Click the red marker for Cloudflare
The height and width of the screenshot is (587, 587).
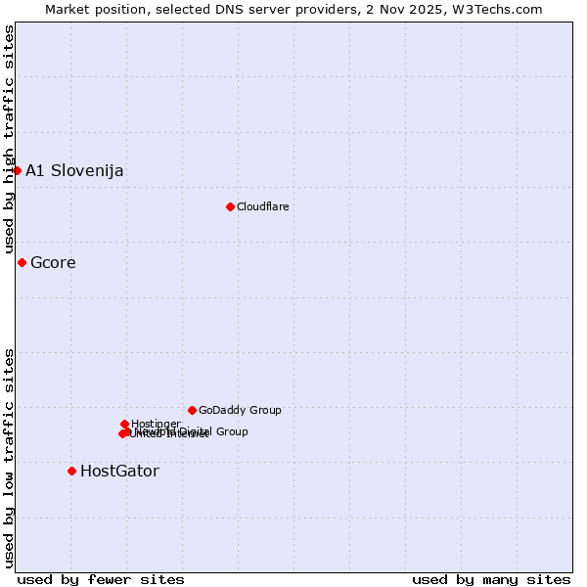click(230, 206)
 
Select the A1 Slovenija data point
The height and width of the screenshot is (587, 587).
click(17, 170)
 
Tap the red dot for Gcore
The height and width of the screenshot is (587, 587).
click(22, 262)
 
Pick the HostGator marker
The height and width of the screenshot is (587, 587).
click(71, 471)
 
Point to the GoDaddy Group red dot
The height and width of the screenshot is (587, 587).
click(192, 410)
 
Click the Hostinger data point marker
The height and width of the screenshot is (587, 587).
click(124, 424)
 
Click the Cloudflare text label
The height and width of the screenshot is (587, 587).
click(262, 206)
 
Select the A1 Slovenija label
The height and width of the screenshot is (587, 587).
click(74, 170)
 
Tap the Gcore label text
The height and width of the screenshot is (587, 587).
click(53, 262)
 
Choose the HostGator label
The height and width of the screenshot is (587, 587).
click(119, 471)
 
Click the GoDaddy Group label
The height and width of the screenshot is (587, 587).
click(240, 410)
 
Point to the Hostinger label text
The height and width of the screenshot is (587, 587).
click(156, 424)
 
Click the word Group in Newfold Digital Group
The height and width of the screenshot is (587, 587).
click(231, 430)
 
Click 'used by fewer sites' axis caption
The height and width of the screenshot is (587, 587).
click(101, 579)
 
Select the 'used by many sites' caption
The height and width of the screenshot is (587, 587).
click(491, 579)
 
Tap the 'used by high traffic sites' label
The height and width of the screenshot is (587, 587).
click(10, 139)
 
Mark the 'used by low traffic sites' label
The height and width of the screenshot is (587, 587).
click(10, 457)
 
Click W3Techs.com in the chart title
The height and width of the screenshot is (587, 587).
click(504, 9)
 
